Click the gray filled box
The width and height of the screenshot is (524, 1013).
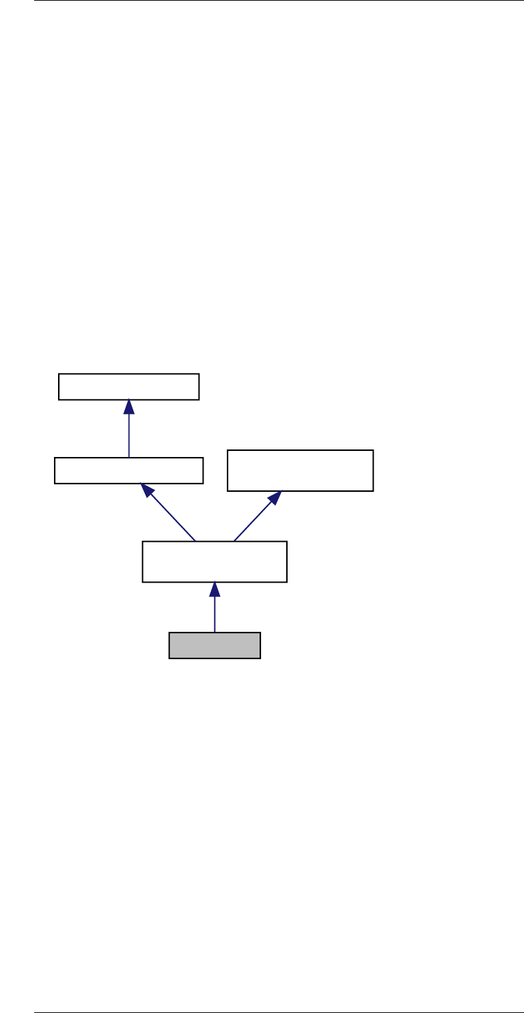[x=215, y=646]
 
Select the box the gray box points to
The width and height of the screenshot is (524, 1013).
[x=215, y=561]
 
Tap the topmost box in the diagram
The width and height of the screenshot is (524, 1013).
[x=128, y=387]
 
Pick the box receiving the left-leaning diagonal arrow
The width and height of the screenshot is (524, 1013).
[x=128, y=471]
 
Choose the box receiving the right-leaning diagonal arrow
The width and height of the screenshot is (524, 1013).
[x=300, y=470]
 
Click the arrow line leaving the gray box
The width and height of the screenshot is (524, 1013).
[x=215, y=611]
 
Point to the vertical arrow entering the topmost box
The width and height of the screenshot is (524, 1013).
[x=128, y=434]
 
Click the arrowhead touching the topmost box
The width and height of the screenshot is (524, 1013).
[x=128, y=406]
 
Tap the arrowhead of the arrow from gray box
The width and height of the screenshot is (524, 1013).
[x=215, y=589]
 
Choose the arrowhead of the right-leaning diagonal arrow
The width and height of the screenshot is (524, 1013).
[x=275, y=497]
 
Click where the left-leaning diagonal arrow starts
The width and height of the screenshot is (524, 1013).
[x=195, y=541]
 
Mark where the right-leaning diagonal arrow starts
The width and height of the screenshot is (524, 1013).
[x=234, y=541]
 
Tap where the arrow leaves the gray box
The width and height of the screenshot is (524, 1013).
[x=215, y=633]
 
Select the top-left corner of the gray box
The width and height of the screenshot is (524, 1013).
[x=169, y=633]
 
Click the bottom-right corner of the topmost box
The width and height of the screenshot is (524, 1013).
[x=199, y=399]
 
